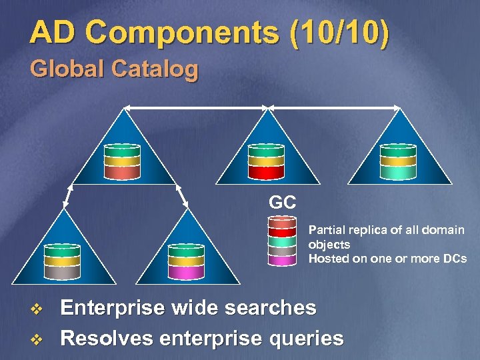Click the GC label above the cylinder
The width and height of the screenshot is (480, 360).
281,202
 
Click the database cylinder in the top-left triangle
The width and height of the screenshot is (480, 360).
122,161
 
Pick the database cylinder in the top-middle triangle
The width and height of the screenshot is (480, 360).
266,161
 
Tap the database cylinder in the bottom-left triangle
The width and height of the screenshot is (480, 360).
62,261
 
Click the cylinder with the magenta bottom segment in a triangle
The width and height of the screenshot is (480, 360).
186,261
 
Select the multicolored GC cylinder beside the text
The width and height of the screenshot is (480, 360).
282,241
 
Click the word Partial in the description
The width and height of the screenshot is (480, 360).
325,230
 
